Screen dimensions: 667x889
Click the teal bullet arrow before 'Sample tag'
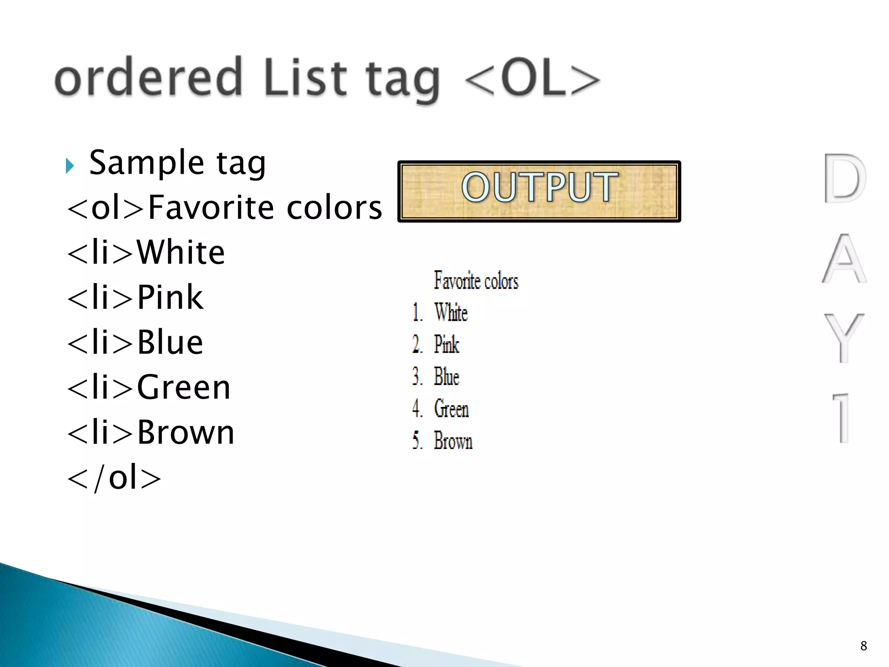click(70, 165)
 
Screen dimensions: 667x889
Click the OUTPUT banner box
click(539, 191)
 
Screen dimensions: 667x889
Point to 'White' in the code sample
click(181, 252)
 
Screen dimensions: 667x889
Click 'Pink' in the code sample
click(170, 297)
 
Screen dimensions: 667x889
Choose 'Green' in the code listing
click(184, 387)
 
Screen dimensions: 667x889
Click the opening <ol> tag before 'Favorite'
click(105, 208)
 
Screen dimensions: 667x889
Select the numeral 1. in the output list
click(417, 313)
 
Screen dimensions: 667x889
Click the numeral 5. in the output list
click(417, 441)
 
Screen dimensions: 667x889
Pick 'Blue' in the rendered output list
click(446, 376)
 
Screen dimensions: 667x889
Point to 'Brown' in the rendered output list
click(453, 441)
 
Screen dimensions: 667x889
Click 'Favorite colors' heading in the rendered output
click(476, 281)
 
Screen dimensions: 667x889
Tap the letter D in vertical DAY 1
click(844, 178)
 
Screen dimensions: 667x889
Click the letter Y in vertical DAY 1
click(844, 337)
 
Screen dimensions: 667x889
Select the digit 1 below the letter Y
click(842, 418)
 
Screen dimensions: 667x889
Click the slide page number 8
click(863, 646)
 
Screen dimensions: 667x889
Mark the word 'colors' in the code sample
click(334, 208)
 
